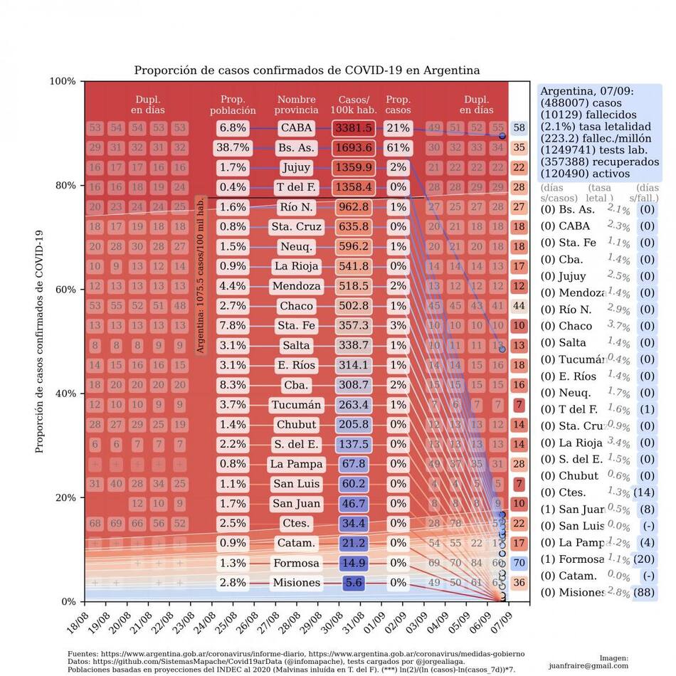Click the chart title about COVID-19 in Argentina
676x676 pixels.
307,70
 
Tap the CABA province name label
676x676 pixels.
296,128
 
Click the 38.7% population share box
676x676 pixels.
233,148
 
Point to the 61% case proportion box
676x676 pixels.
398,148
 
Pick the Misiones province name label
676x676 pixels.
296,583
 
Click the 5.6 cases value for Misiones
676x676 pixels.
354,583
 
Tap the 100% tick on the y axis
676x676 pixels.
63,81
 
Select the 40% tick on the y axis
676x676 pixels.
65,394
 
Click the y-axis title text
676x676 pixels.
41,342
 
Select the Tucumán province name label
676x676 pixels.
296,405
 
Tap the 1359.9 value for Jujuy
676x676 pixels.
354,168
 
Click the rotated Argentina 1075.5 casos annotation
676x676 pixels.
201,275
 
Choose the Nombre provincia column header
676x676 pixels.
296,105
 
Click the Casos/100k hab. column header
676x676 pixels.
354,105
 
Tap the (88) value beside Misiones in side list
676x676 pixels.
646,592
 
